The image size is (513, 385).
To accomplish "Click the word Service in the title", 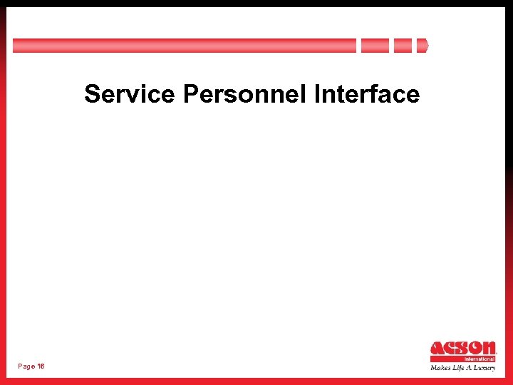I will point(129,94).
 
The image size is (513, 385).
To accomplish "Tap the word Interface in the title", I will point(366,94).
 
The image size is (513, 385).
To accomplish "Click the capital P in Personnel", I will point(190,94).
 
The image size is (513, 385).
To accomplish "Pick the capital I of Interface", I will point(316,94).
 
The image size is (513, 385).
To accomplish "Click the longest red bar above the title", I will point(184,46).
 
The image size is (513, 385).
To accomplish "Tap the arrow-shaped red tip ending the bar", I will point(423,46).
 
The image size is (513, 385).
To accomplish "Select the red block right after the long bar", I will point(375,46).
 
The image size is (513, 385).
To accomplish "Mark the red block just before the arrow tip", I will point(403,46).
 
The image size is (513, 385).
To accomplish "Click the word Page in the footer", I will point(26,366).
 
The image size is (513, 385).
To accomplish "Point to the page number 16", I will point(41,366).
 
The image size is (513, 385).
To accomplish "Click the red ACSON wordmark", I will point(463,349).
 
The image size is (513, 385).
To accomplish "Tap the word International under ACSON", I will point(480,359).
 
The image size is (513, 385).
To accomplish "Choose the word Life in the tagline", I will point(457,368).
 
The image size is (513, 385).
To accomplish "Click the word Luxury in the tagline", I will point(484,368).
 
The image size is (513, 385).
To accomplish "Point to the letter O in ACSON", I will point(472,349).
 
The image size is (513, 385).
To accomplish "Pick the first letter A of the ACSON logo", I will point(437,349).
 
